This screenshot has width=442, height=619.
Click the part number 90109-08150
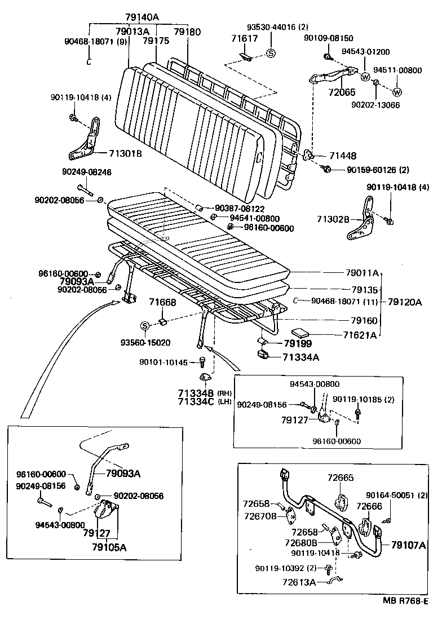343,38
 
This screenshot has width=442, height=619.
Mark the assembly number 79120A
405,302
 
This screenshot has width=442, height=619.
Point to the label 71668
163,303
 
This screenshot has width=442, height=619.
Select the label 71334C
197,401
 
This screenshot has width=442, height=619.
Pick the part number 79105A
105,546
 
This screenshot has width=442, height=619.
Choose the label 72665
341,478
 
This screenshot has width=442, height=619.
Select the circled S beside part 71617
270,54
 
